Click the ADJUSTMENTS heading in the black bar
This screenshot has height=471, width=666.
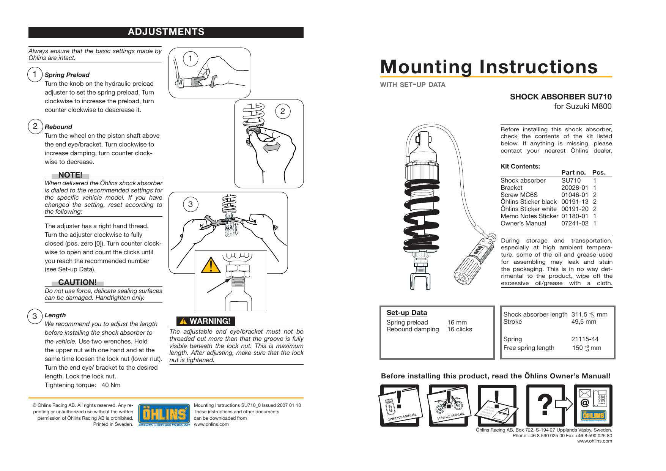click(166, 32)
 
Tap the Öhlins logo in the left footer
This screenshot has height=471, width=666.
click(164, 414)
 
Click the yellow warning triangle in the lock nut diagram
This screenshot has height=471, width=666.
click(211, 265)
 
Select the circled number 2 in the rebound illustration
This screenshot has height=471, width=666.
click(282, 111)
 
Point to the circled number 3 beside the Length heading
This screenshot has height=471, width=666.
click(35, 316)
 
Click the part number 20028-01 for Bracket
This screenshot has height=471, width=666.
click(575, 187)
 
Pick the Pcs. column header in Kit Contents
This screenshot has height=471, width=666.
click(598, 172)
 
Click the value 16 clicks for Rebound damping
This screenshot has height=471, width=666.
click(459, 329)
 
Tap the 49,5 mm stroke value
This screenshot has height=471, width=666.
click(583, 321)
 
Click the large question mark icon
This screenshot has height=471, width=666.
click(545, 405)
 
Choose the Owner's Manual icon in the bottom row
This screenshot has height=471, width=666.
click(400, 405)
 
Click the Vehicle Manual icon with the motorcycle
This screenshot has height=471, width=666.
click(449, 405)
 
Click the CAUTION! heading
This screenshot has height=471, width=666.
click(77, 282)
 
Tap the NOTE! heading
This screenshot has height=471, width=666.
click(70, 175)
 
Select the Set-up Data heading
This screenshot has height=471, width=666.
click(406, 313)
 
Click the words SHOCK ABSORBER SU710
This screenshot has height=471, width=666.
click(561, 97)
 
